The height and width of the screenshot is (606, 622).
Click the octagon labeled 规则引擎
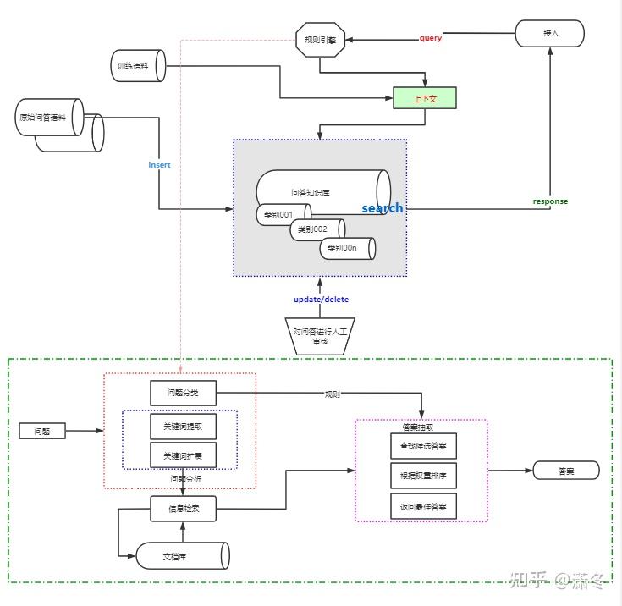tap(319, 39)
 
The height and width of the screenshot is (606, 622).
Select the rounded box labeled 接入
tap(550, 34)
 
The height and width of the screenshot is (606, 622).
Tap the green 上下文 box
tap(424, 98)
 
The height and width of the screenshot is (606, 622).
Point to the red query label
tap(430, 38)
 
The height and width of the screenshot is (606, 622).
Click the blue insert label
tap(159, 165)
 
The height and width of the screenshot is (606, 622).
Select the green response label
tap(550, 201)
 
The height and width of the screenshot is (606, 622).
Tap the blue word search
tap(382, 208)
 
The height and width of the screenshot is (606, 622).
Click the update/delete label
tap(321, 300)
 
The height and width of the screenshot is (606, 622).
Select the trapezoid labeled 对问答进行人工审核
tap(320, 336)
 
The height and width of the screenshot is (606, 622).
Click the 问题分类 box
tap(183, 393)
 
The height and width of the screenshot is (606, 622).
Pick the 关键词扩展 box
tap(183, 455)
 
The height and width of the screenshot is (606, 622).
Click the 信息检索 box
tap(183, 509)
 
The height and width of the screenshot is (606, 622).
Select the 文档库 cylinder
tap(183, 556)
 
